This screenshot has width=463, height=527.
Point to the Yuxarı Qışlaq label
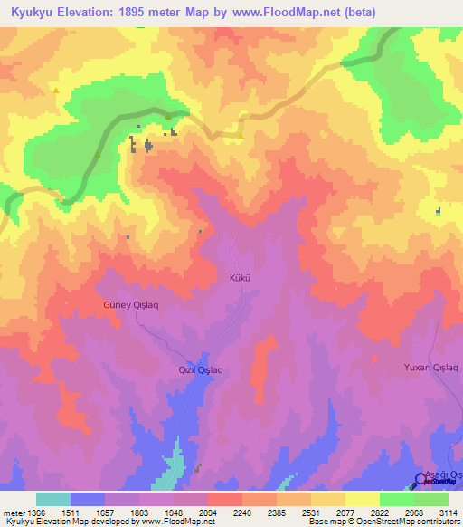pos(430,367)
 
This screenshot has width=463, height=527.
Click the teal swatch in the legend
pos(52,499)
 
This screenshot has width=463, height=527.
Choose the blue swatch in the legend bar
pos(87,499)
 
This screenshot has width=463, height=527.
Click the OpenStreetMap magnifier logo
pos(420,479)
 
